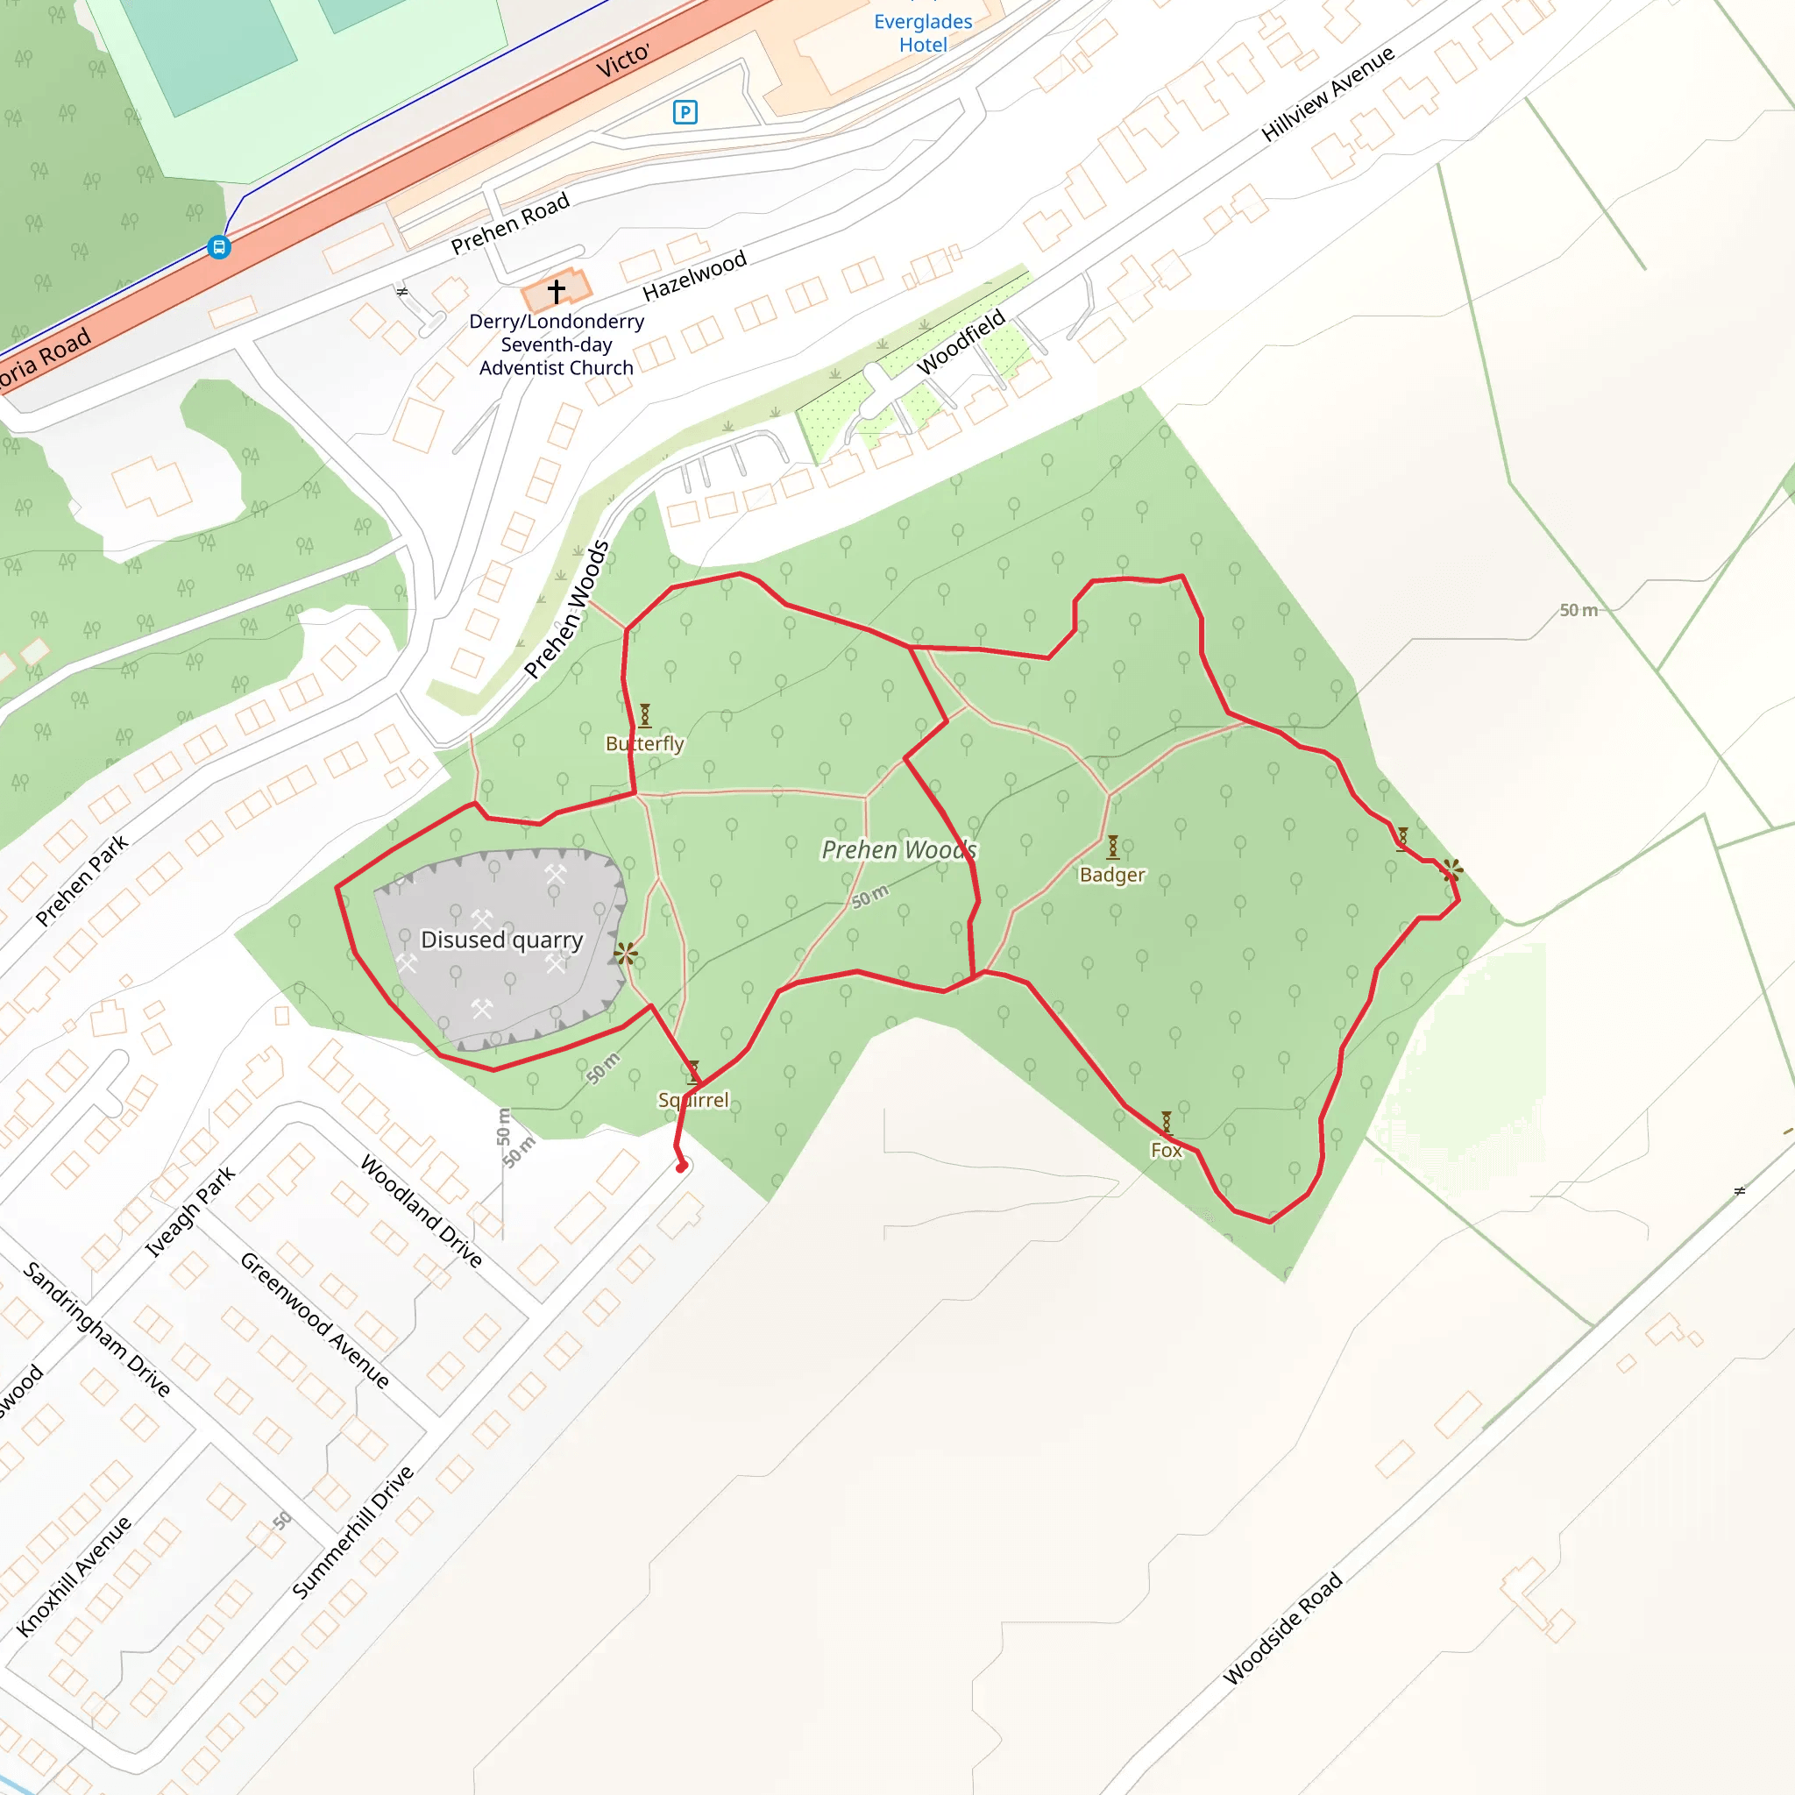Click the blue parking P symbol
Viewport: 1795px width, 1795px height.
pos(685,112)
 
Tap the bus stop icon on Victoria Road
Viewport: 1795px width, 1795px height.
pos(219,247)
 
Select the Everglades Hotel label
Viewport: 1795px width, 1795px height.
pos(923,33)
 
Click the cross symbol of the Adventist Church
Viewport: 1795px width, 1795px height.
pos(557,292)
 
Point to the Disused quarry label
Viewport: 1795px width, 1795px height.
pos(501,940)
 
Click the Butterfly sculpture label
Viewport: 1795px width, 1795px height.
pos(645,743)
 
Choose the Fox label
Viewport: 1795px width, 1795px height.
pos(1166,1150)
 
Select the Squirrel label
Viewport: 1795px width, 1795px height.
pos(693,1100)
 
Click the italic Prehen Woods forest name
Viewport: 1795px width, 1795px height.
pos(898,849)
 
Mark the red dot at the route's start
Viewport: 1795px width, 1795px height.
pos(681,1167)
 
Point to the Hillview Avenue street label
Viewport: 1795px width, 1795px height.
pos(1328,94)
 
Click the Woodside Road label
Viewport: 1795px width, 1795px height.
pos(1282,1628)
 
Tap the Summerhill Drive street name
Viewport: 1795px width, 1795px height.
pos(353,1532)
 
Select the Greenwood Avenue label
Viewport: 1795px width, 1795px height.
pos(315,1320)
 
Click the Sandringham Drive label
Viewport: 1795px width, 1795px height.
pos(96,1330)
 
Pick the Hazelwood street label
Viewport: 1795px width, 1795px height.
pos(694,276)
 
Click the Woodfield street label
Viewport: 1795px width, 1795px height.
pos(961,342)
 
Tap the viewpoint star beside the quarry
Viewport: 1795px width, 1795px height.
pos(625,954)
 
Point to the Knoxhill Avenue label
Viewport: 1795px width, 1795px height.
pos(74,1577)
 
